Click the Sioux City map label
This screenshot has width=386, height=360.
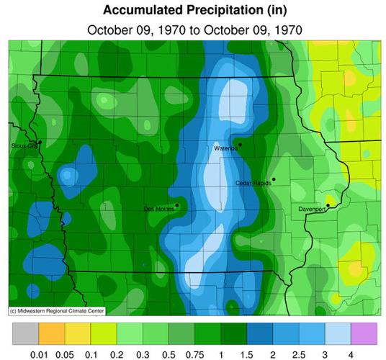pos(24,146)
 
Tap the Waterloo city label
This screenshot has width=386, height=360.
pos(225,148)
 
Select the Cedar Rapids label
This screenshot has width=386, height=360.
pos(253,183)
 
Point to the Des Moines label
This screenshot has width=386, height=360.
pos(158,208)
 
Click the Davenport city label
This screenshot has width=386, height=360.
pos(313,210)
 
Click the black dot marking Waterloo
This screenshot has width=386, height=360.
pos(240,144)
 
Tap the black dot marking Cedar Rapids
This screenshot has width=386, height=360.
pos(274,179)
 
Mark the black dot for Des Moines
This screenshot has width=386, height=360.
pos(176,204)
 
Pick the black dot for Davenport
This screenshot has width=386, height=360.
pos(328,205)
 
